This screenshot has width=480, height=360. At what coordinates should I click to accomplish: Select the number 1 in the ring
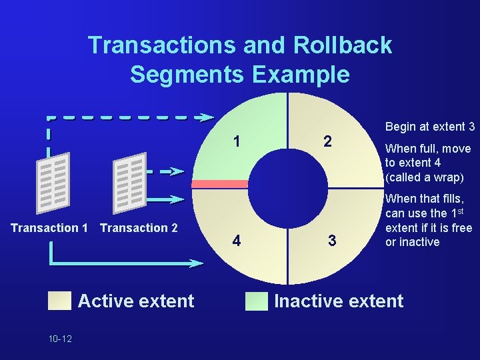point(237,141)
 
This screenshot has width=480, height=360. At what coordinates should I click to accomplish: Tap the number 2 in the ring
point(327,141)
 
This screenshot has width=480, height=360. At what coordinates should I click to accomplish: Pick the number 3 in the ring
point(331,239)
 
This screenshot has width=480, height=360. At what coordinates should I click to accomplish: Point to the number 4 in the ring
point(237,239)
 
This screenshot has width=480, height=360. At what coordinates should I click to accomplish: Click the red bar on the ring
point(220,184)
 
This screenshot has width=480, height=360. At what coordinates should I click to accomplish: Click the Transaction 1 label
point(49,228)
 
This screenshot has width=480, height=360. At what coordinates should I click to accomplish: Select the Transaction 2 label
point(139,228)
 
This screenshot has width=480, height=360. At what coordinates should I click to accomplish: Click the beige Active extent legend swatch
point(59,301)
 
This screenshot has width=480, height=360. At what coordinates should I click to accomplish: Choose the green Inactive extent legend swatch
point(255,301)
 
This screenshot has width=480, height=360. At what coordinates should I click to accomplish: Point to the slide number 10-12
point(60,339)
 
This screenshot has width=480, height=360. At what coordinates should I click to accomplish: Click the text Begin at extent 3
point(430,127)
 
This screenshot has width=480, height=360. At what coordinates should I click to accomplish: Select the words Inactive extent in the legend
point(339,301)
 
